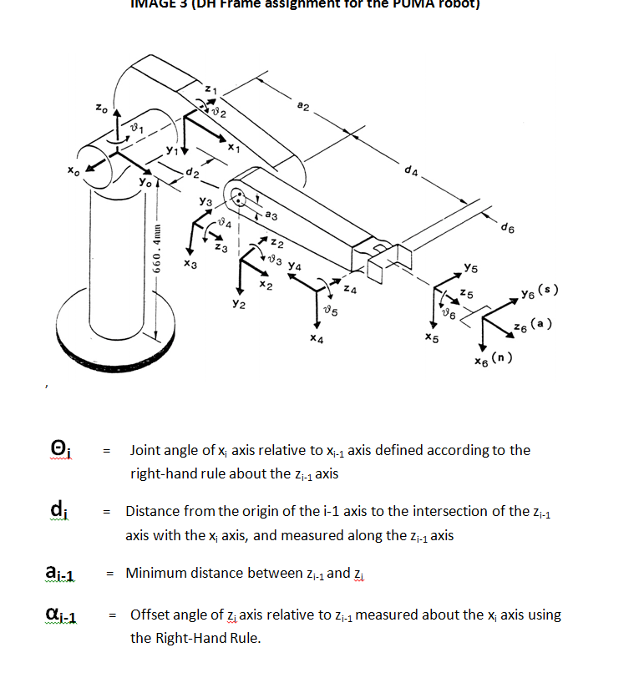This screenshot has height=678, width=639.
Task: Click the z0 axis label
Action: tap(100, 108)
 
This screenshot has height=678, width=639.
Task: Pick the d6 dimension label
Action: tap(507, 226)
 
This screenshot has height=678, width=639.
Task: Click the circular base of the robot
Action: tap(134, 321)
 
